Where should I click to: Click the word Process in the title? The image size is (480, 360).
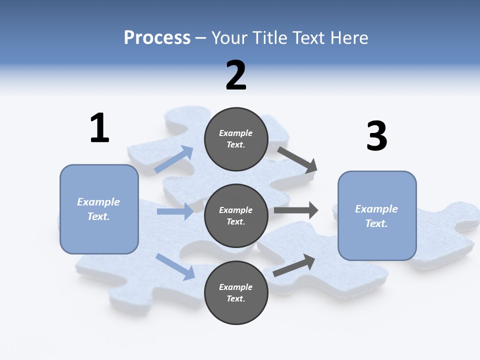pyautogui.click(x=157, y=38)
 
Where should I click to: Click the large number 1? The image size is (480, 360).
pyautogui.click(x=99, y=128)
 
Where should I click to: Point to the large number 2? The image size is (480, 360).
pyautogui.click(x=236, y=75)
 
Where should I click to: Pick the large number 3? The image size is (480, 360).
pyautogui.click(x=377, y=136)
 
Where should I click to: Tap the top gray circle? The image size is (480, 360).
pyautogui.click(x=236, y=139)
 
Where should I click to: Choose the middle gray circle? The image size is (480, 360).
pyautogui.click(x=236, y=215)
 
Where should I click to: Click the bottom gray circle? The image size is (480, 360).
pyautogui.click(x=236, y=292)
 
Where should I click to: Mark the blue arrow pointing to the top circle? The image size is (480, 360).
pyautogui.click(x=174, y=159)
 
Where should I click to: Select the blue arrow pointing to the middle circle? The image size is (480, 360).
pyautogui.click(x=175, y=211)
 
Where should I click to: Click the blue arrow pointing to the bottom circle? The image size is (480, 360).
pyautogui.click(x=175, y=266)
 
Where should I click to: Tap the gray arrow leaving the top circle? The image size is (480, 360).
pyautogui.click(x=297, y=159)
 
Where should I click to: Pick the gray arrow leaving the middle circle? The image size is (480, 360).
pyautogui.click(x=296, y=210)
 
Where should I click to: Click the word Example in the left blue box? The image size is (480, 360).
pyautogui.click(x=98, y=202)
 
